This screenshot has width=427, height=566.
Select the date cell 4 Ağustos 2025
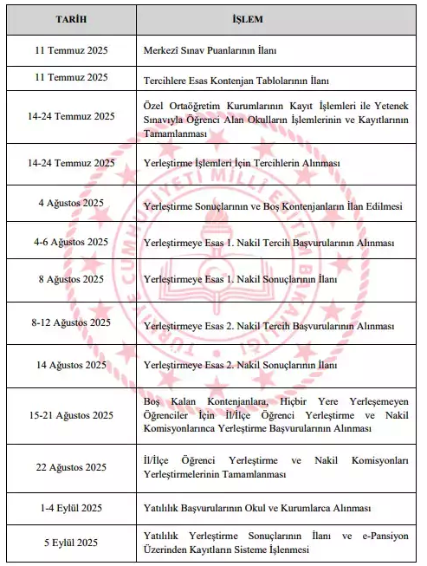[71, 203]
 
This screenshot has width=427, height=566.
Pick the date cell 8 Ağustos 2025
[71, 280]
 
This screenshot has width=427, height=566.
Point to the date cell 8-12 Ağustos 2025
[71, 322]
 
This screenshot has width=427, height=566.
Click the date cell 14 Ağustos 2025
[71, 365]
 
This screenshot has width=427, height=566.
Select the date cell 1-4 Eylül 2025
[71, 507]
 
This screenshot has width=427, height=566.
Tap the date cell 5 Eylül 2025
[71, 543]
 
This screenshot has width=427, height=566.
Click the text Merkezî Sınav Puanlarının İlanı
[211, 49]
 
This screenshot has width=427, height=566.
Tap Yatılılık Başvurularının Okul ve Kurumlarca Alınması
[256, 507]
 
